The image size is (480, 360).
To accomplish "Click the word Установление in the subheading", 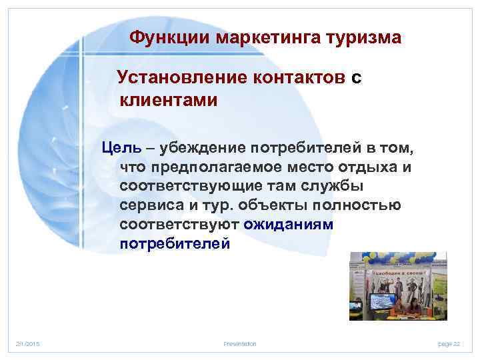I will click(182, 78).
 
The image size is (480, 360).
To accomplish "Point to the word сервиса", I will click(149, 204).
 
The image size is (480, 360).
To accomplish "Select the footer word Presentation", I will click(240, 343).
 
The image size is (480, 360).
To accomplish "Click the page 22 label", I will click(449, 343).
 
